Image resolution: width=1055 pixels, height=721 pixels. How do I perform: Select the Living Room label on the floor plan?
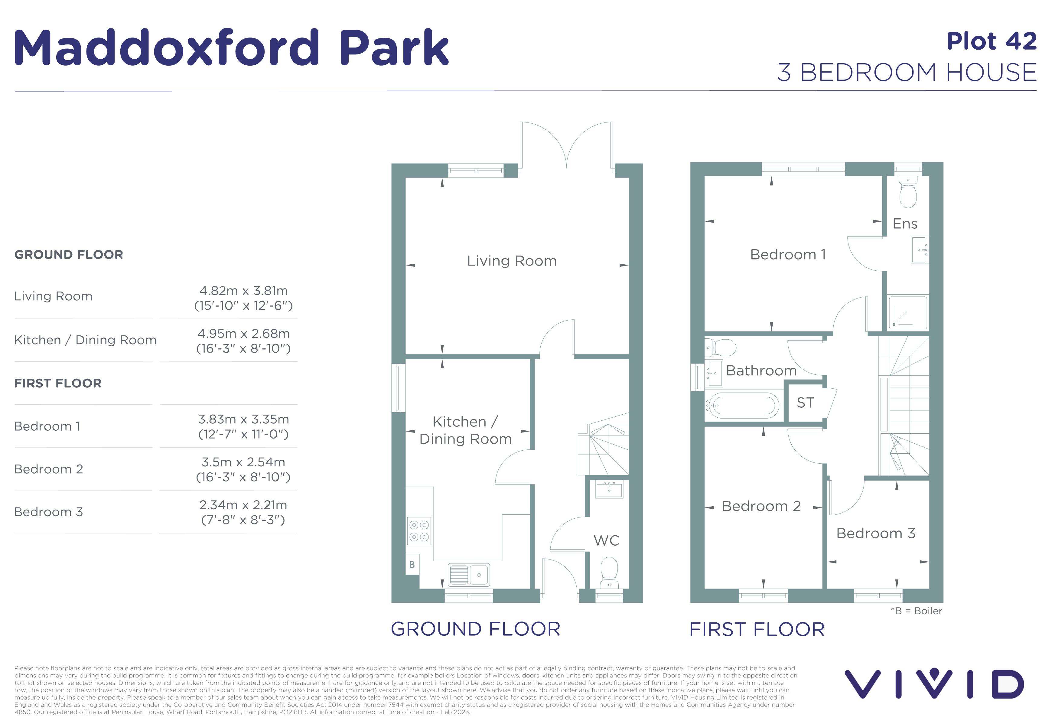click(x=512, y=261)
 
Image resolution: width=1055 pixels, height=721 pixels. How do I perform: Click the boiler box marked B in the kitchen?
click(x=412, y=564)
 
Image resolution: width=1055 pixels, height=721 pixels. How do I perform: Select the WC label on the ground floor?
click(x=607, y=540)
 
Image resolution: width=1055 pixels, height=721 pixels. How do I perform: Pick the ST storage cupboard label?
click(x=805, y=403)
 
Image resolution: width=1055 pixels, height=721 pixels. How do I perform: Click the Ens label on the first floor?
click(x=905, y=224)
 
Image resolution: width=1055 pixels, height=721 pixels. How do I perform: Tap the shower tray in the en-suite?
click(x=907, y=312)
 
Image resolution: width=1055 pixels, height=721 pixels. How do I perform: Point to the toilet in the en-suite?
click(x=908, y=193)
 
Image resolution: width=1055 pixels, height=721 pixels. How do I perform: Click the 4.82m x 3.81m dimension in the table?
click(x=244, y=291)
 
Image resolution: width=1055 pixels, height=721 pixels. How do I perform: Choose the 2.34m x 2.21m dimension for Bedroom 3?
click(x=243, y=505)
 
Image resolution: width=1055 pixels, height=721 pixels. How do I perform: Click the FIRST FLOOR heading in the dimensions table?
click(x=58, y=383)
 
